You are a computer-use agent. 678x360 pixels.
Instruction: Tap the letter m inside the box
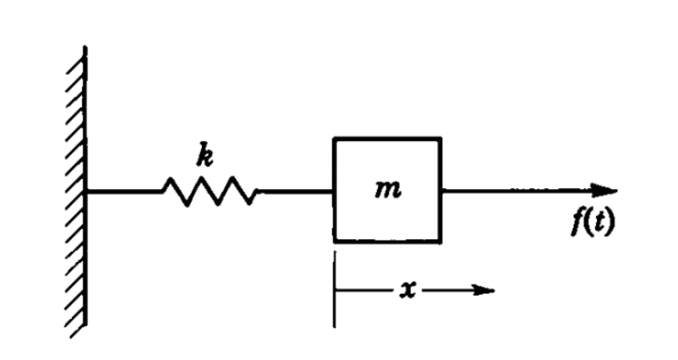coord(387,192)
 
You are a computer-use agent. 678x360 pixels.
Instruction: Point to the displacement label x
coord(410,291)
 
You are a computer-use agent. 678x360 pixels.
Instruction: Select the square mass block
coord(387,189)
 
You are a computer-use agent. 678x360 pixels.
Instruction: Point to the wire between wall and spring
coord(124,192)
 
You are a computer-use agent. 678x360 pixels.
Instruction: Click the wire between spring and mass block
coord(296,192)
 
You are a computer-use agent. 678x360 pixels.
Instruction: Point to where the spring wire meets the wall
coord(87,192)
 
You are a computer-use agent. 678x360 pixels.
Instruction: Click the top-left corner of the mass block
coord(334,138)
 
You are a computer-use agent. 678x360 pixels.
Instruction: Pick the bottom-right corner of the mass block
coord(441,241)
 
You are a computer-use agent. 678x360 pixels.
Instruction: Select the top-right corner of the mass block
coord(441,138)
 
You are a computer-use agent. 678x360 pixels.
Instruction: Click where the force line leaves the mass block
coord(442,191)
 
